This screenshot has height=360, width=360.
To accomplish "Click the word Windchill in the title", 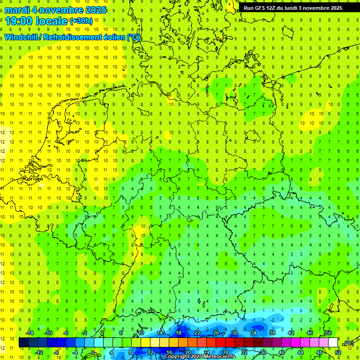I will pos(21,37).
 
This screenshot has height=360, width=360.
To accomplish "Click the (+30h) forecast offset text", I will pos(81,21).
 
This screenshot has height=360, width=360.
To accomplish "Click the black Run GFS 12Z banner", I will pos(292,8).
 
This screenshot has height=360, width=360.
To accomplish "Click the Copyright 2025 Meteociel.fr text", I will pos(199,357).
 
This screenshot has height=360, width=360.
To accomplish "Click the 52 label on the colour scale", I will pos(338,352).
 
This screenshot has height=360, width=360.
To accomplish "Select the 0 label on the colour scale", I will pos(93,352).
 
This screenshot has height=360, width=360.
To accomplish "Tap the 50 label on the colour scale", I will pos(328,333).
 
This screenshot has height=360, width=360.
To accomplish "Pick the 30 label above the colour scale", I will pos(234,333).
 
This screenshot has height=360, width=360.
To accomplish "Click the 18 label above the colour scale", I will pos(178,333).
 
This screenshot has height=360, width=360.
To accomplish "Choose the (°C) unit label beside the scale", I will pos(348,343).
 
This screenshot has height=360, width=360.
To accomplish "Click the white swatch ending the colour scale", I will pos(333,343).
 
